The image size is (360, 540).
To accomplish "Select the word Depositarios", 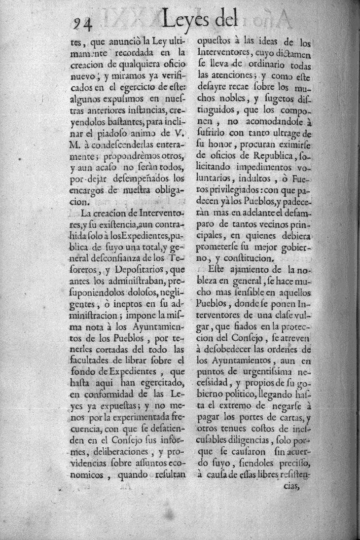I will pyautogui.click(x=140, y=270).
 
